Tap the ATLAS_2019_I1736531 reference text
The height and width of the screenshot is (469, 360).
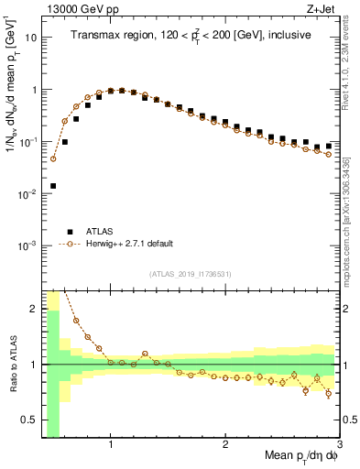pos(191,273)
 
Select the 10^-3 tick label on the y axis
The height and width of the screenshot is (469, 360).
pos(27,246)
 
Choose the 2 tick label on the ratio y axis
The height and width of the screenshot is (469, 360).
pos(33,309)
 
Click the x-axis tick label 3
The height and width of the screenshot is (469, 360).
pos(340,444)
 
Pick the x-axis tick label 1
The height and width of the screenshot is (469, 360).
pos(111,444)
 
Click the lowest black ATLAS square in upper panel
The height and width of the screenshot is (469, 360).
pos(53,186)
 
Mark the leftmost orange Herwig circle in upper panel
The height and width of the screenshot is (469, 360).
pos(53,158)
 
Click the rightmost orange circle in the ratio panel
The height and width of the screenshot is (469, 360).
pos(329,395)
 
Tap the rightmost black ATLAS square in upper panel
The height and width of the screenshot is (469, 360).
pos(329,146)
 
